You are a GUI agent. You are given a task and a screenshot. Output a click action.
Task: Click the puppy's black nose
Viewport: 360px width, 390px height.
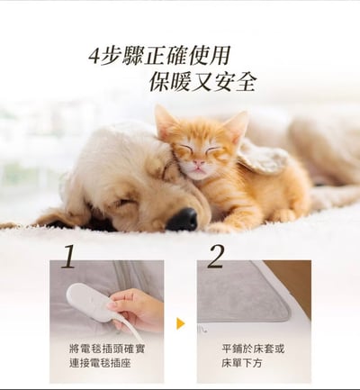pyautogui.click(x=184, y=218)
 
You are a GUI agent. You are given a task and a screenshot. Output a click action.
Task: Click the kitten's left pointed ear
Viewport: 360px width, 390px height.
pyautogui.click(x=165, y=120)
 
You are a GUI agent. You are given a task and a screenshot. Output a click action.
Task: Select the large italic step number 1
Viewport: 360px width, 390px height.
pyautogui.click(x=67, y=257)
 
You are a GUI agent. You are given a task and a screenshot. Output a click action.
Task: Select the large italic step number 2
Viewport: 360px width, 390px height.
pyautogui.click(x=215, y=257)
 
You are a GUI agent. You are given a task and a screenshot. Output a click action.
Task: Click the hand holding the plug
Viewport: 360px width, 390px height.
pyautogui.click(x=137, y=309)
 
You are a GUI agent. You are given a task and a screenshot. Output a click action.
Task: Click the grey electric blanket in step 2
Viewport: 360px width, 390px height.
pyautogui.click(x=239, y=293)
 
